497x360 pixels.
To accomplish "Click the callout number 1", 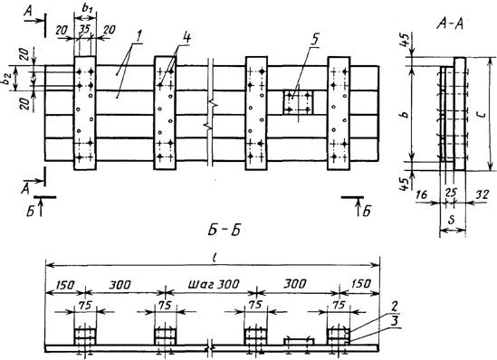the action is click(139, 36).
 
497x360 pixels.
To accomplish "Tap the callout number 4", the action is click(186, 37).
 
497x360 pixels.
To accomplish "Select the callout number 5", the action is click(314, 40).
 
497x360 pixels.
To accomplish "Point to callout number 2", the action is click(395, 306).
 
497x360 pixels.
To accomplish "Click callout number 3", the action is click(395, 321).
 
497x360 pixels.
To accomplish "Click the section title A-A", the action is click(450, 24).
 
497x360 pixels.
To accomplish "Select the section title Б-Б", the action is click(224, 230).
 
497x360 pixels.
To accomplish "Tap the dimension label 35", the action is click(84, 30).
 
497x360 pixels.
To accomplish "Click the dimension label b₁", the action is click(87, 8).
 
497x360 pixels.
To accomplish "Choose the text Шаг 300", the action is click(214, 284).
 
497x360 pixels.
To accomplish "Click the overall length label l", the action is click(215, 259).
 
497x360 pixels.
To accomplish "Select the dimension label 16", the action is click(422, 194).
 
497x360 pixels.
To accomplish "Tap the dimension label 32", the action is click(483, 194).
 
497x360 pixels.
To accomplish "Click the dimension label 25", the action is click(452, 192).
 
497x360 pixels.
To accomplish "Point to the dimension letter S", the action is click(452, 221).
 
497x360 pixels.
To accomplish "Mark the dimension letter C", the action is click(482, 114).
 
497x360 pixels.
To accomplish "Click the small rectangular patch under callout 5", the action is click(298, 102).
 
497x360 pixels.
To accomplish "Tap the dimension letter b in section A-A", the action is click(406, 115).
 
